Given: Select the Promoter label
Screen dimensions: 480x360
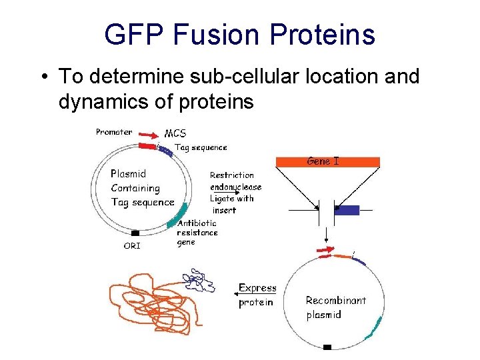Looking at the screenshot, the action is click(114, 132).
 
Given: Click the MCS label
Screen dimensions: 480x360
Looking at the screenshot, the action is click(175, 134).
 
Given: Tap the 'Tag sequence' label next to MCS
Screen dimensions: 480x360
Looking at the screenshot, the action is click(200, 147).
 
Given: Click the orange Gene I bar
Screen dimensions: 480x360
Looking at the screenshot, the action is click(327, 161).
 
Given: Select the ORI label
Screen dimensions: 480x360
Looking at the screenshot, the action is click(132, 245).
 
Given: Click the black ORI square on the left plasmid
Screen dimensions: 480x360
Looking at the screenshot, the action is click(136, 233).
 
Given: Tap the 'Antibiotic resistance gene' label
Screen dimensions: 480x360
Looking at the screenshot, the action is click(197, 232).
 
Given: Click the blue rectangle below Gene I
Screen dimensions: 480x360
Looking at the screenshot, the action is click(348, 210).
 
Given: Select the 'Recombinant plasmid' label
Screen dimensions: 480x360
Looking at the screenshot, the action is click(335, 307).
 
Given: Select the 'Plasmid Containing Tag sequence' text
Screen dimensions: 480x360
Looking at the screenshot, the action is click(141, 188).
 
